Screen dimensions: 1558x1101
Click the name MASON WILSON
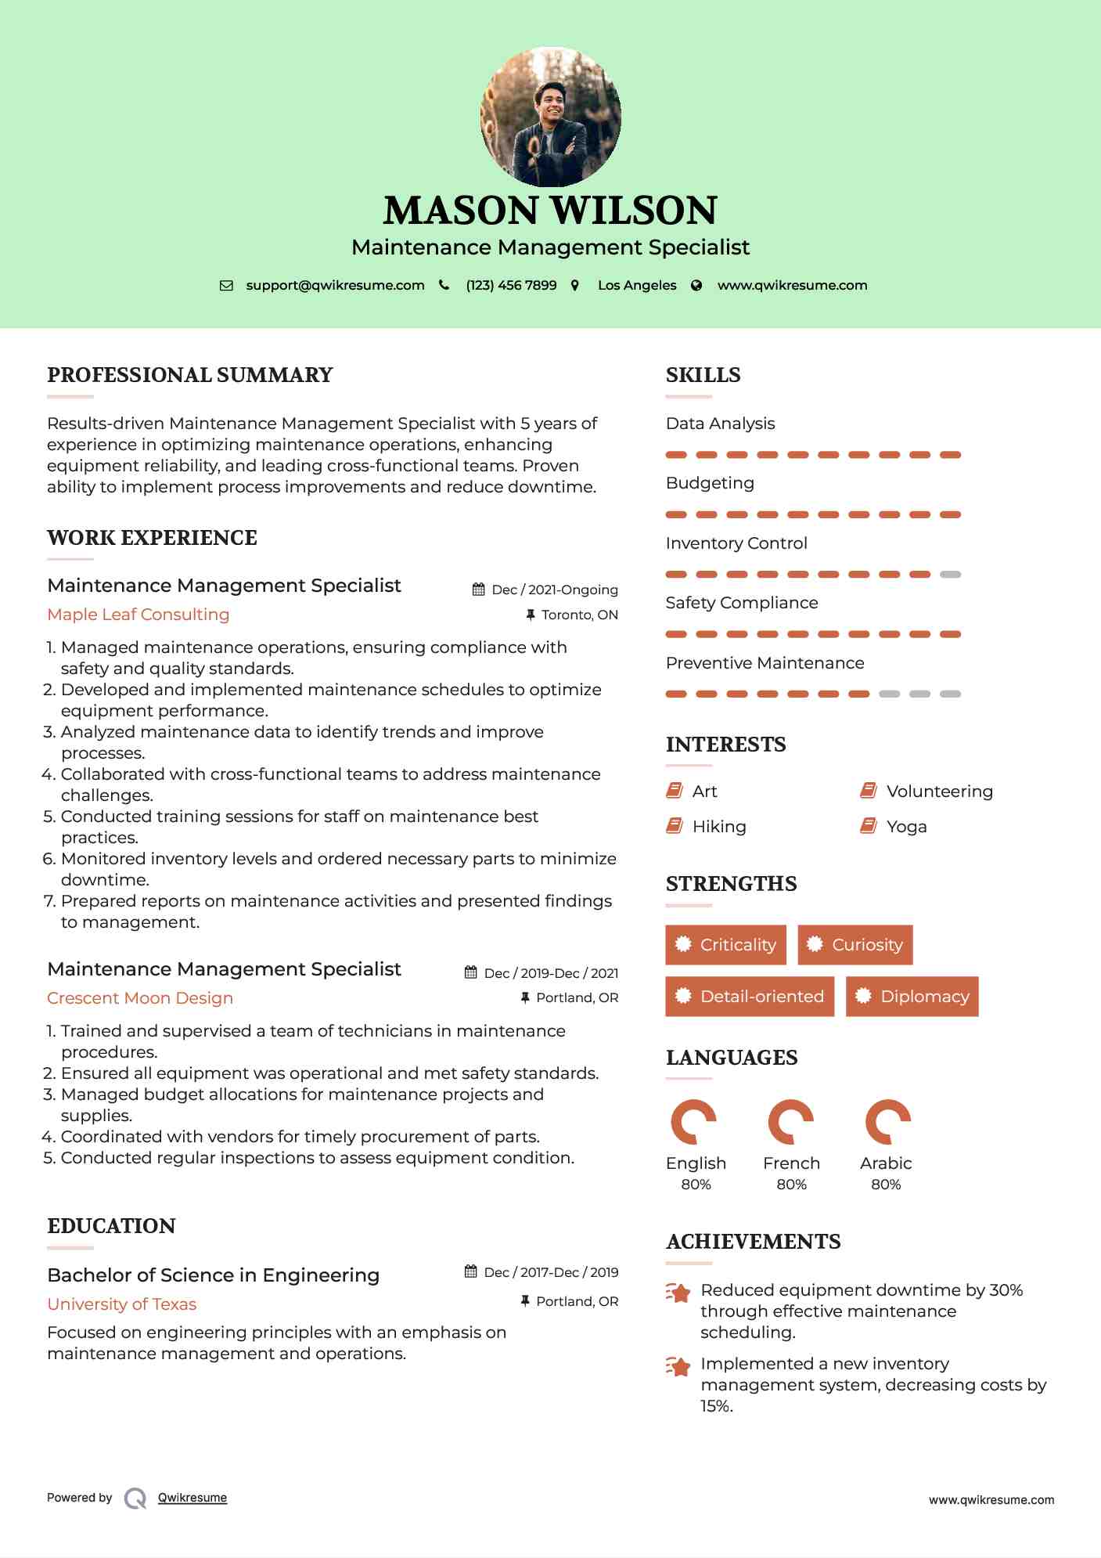(550, 210)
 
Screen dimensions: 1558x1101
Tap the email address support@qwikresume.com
(335, 285)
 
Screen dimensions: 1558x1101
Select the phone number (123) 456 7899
(511, 285)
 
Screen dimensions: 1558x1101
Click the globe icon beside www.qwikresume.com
(696, 285)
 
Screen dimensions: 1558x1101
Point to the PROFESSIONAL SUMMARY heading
(190, 375)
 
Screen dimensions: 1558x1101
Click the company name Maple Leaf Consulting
(139, 615)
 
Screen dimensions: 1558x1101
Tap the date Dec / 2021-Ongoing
(554, 590)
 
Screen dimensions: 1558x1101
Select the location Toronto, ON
(579, 615)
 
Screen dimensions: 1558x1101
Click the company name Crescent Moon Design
(140, 998)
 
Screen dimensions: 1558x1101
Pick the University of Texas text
(122, 1304)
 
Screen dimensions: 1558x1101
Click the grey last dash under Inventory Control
(950, 575)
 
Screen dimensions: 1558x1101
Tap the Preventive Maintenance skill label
(765, 663)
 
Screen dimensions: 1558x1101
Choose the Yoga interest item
(906, 827)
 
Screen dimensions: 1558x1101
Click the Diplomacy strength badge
(912, 997)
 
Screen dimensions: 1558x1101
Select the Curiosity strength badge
(855, 945)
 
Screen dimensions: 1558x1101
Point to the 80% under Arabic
(886, 1185)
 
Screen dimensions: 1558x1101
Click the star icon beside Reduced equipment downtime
(678, 1293)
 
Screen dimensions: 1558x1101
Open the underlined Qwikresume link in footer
(192, 1498)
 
